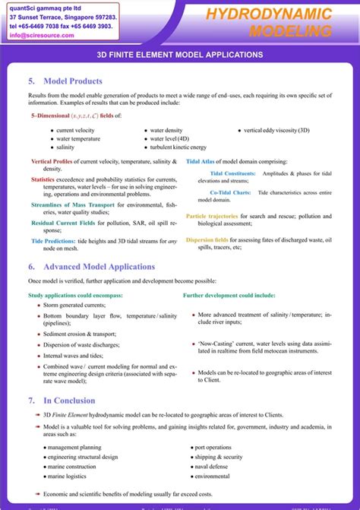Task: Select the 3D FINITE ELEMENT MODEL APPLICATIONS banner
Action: coord(180,55)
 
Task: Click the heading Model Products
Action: coord(73,81)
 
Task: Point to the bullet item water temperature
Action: coord(78,139)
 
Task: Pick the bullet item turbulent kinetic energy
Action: coord(178,147)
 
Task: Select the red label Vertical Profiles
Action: coord(52,162)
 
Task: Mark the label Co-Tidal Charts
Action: coord(230,192)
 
